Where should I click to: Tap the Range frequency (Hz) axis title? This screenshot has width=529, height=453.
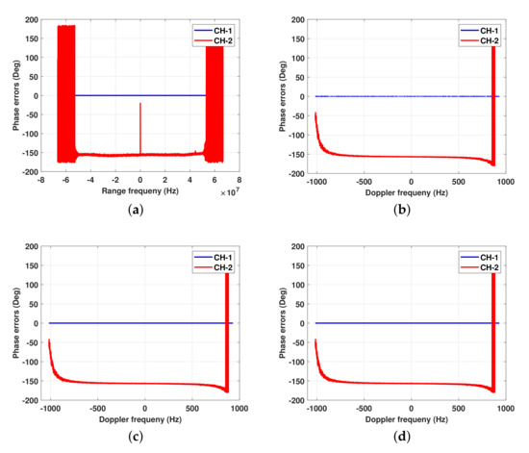click(x=139, y=189)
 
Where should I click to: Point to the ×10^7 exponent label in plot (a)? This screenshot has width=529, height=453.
click(x=227, y=192)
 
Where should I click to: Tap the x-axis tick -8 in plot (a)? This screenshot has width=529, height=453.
click(x=40, y=180)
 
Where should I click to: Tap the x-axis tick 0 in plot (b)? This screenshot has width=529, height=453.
click(x=411, y=180)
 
